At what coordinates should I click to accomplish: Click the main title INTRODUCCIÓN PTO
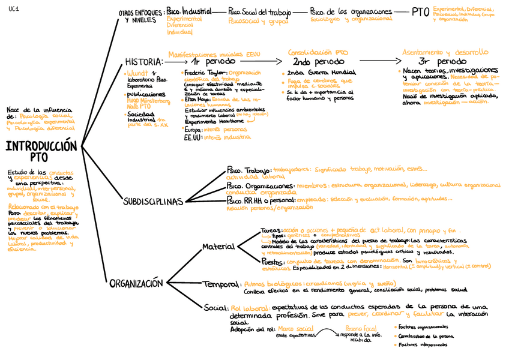(x=41, y=151)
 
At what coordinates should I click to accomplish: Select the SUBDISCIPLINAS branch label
(x=152, y=202)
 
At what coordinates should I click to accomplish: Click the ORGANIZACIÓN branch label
(x=136, y=284)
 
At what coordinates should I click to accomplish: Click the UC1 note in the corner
(x=13, y=7)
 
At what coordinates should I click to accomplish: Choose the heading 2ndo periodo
(x=318, y=62)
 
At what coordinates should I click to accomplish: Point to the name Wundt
(x=136, y=73)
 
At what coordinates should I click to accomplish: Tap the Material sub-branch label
(x=218, y=247)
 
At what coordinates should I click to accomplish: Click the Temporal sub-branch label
(x=221, y=284)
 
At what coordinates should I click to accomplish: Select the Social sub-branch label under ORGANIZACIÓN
(x=215, y=308)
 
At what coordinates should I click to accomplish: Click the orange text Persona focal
(x=360, y=329)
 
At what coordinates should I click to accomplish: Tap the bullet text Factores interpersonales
(x=423, y=346)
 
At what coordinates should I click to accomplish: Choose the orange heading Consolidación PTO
(x=318, y=52)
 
